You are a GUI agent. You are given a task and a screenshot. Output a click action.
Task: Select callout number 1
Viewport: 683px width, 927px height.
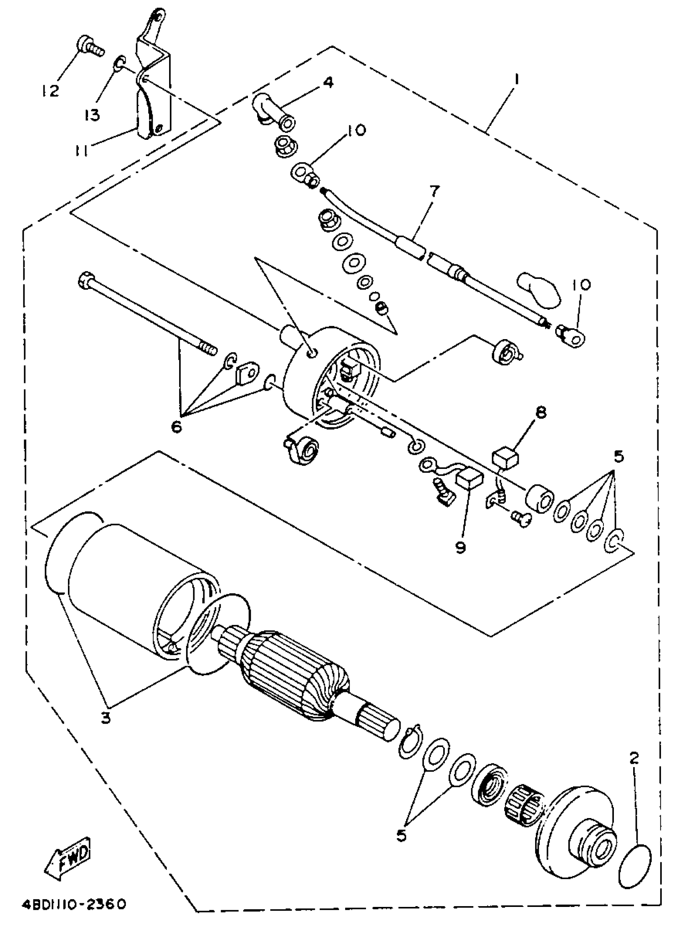pos(515,79)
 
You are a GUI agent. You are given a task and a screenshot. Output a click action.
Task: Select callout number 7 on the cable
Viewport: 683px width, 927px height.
pos(435,192)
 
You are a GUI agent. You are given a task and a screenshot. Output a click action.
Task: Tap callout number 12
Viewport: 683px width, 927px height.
pos(51,90)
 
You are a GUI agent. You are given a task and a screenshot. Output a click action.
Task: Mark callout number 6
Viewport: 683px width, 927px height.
pos(176,427)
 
